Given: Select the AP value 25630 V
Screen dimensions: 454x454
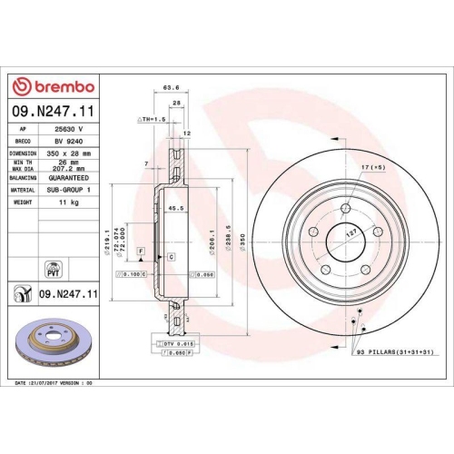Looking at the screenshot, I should point(69,130).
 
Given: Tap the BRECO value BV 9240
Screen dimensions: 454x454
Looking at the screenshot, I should point(68,143).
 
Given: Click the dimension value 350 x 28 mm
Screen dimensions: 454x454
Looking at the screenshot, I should point(74,154).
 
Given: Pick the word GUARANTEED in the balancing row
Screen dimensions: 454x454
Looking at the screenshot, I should point(74,179).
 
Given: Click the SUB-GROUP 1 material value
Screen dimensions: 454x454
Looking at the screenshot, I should point(73,192).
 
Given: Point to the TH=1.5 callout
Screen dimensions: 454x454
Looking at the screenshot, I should point(150,119).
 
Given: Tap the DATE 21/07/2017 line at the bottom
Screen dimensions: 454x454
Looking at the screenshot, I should point(54,384).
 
